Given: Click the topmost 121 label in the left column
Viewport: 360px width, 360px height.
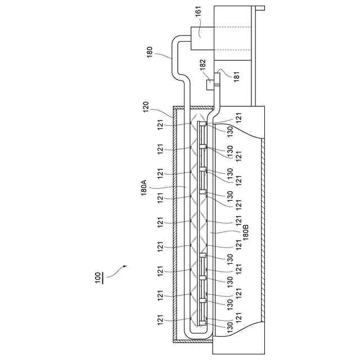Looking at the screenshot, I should click(161, 124).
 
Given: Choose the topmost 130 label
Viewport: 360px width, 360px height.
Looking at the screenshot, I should click(229, 130).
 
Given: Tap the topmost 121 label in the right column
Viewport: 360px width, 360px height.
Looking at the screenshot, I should click(238, 118).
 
